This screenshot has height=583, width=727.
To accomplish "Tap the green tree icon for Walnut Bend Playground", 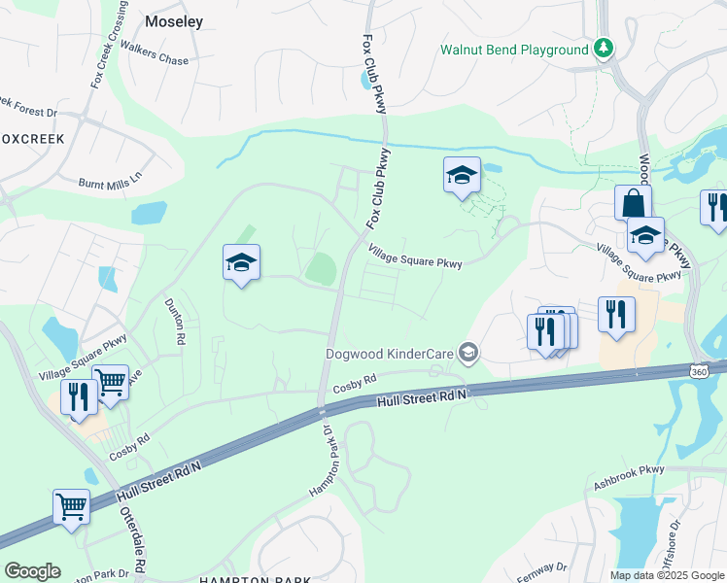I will click(x=605, y=49).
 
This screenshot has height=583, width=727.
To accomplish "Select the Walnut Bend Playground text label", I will click(x=514, y=50).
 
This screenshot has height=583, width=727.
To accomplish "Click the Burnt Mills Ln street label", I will click(x=110, y=180).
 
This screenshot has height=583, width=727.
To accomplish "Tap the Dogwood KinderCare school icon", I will click(x=469, y=352).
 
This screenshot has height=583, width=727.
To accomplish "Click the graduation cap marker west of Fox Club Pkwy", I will click(x=241, y=262).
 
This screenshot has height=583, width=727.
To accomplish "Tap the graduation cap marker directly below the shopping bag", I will click(x=644, y=236).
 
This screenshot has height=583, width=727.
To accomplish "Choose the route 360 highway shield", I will click(x=699, y=371).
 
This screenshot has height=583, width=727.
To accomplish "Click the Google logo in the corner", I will click(x=32, y=570).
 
